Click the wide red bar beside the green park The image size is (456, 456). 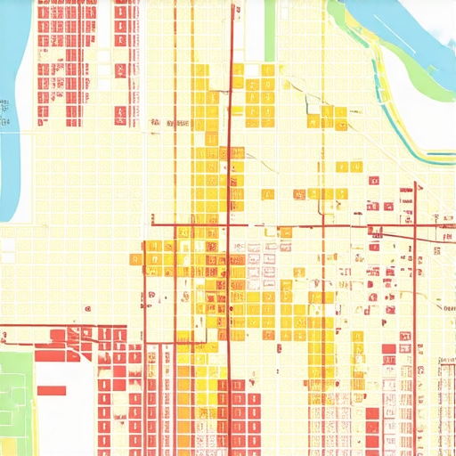pyautogui.click(x=51, y=389)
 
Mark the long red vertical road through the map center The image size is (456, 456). pyautogui.click(x=231, y=267)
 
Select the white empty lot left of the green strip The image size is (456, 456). pyautogui.click(x=254, y=31)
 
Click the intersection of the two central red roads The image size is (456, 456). pyautogui.click(x=231, y=224)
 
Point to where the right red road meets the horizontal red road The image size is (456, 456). pyautogui.click(x=415, y=226)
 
